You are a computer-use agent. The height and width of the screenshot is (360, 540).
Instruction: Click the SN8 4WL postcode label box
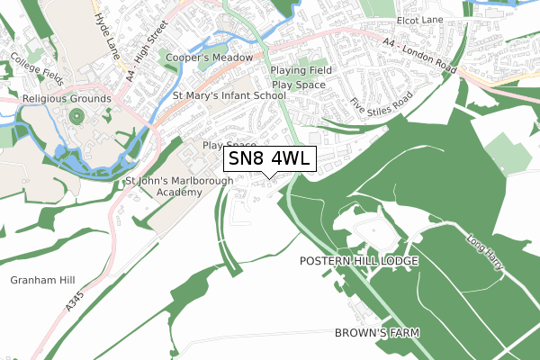(269, 158)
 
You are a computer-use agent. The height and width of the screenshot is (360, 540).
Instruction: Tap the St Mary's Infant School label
(229, 94)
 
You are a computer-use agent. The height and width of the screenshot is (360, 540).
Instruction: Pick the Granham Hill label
(40, 280)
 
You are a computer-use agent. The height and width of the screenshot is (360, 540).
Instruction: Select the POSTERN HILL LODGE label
(359, 261)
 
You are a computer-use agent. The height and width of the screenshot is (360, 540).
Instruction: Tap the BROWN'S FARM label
(378, 333)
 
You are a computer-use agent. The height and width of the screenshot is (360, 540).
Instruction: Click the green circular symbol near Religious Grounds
(75, 117)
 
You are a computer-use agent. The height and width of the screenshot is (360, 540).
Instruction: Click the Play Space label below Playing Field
(298, 85)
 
